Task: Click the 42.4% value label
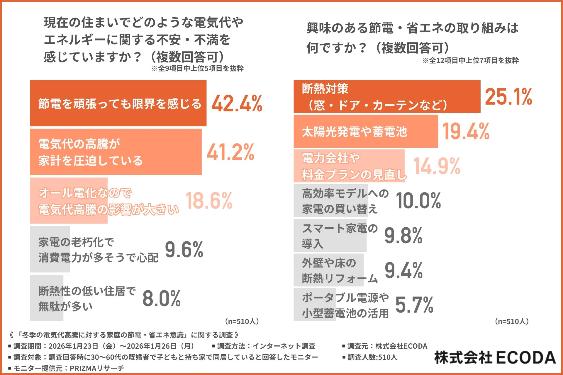(237, 103)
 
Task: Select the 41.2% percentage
(230, 152)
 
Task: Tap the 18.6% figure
(209, 201)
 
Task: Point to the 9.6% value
(184, 250)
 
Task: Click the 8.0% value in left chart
(161, 299)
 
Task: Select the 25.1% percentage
(508, 97)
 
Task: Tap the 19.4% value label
(466, 131)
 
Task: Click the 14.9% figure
(437, 166)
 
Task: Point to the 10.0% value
(418, 201)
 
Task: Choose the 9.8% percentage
(403, 236)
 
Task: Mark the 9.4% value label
(403, 270)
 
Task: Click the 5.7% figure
(414, 305)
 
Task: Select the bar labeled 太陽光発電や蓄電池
(365, 131)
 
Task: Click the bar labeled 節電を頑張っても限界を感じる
(118, 103)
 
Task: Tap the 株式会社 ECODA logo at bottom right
(495, 358)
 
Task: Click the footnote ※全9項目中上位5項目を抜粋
(197, 69)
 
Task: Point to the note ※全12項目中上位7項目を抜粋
(470, 61)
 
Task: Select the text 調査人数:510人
(372, 357)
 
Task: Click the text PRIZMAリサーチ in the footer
(97, 368)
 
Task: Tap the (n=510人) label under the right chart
(512, 321)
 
